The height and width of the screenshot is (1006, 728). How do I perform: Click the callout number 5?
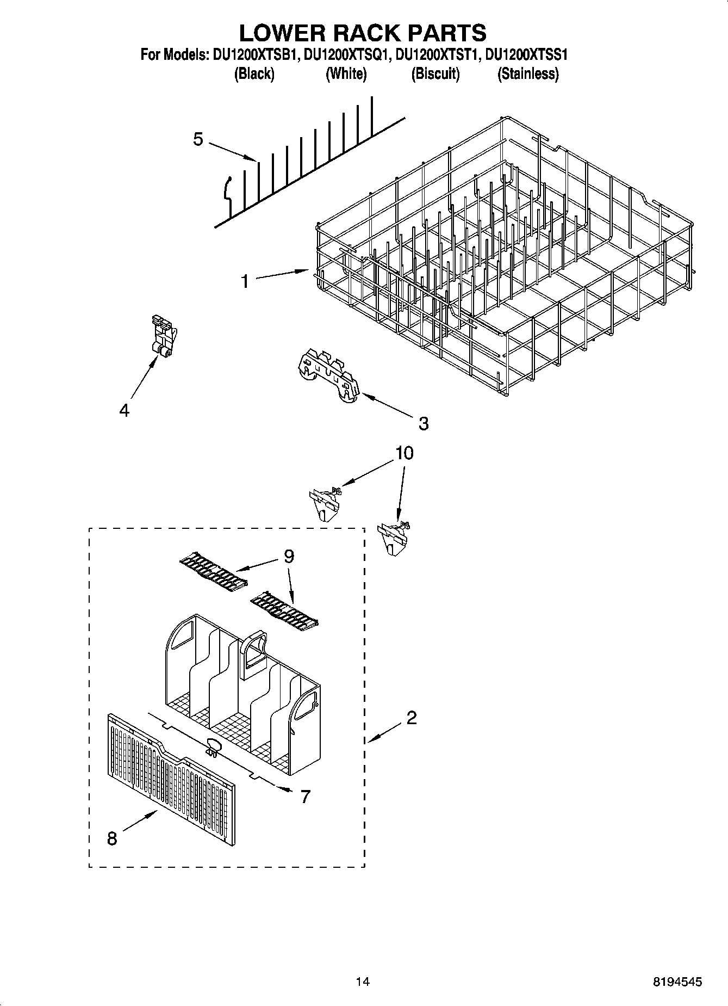coord(198,139)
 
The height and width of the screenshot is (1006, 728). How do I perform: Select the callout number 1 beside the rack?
coord(245,281)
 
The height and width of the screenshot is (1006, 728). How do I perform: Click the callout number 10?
coord(404,453)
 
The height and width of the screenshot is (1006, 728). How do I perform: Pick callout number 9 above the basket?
coord(288,556)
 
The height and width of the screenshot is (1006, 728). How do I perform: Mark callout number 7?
coord(305,797)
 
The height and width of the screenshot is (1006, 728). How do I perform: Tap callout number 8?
coord(112,838)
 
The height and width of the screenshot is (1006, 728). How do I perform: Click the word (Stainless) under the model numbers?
coord(528,73)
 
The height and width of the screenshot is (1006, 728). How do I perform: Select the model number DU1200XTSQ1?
coord(346,54)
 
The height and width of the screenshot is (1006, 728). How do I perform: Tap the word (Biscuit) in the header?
coord(435,73)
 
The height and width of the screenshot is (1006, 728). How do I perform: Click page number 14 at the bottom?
coord(363,982)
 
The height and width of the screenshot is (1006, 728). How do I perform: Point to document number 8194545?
coord(677,982)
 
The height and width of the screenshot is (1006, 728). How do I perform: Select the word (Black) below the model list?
coord(254,73)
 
